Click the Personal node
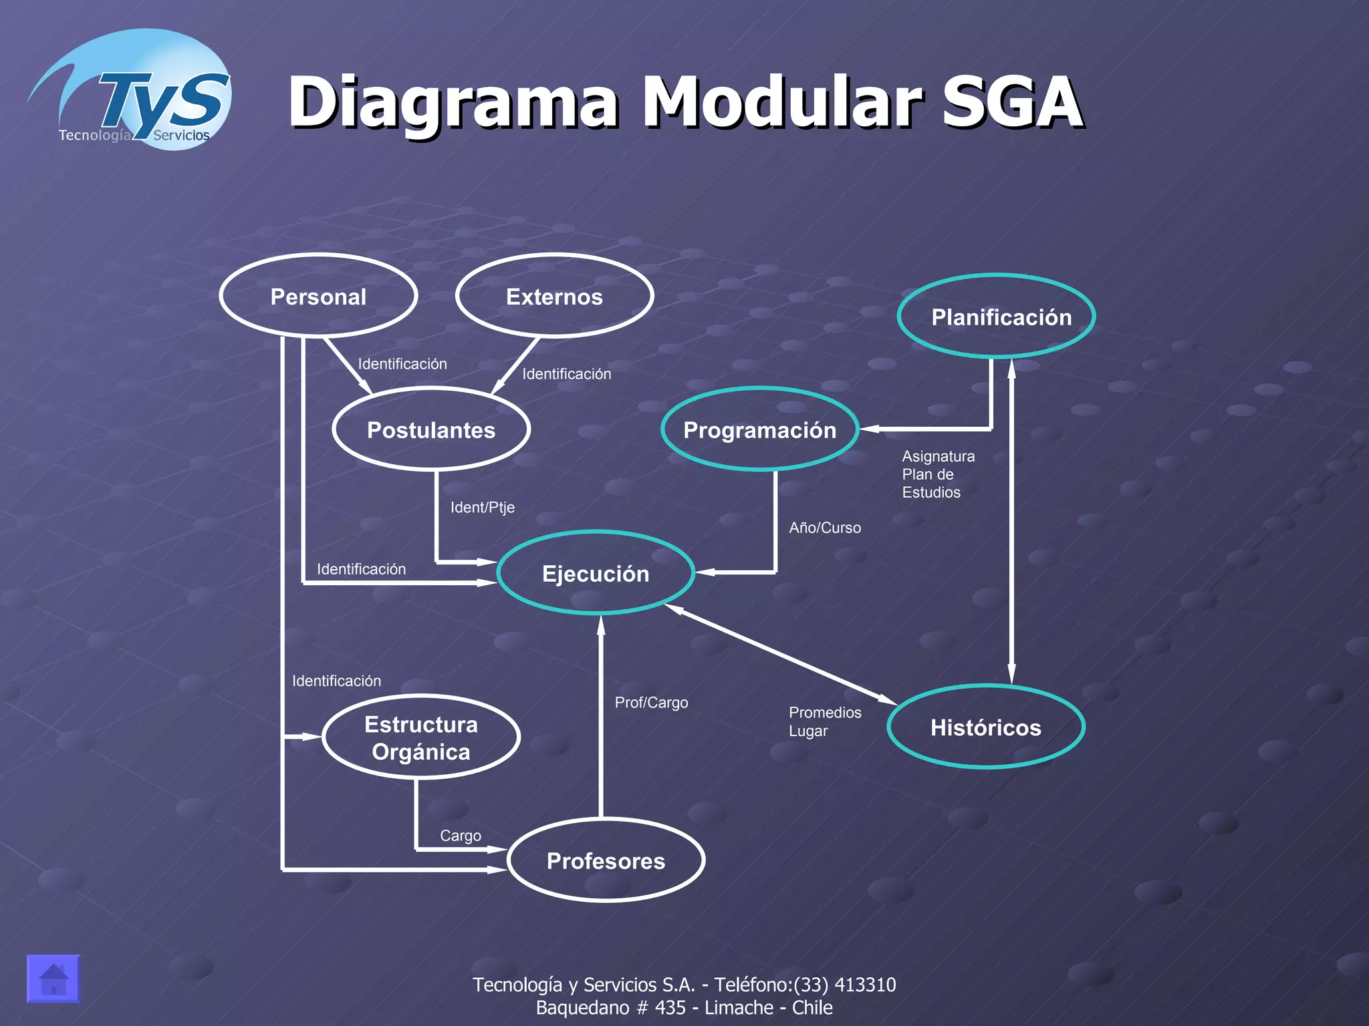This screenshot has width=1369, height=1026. pyautogui.click(x=318, y=296)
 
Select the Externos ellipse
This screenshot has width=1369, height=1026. pyautogui.click(x=554, y=296)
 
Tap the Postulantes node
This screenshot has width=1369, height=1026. pyautogui.click(x=431, y=430)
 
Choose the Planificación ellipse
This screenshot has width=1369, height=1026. pyautogui.click(x=1001, y=317)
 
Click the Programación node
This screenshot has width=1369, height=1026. pyautogui.click(x=759, y=430)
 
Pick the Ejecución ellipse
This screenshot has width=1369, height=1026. pyautogui.click(x=596, y=573)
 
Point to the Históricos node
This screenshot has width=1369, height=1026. pyautogui.click(x=985, y=727)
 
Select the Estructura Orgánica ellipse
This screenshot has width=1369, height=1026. pyautogui.click(x=421, y=737)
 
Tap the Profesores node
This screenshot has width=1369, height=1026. pyautogui.click(x=606, y=860)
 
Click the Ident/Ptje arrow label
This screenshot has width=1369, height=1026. pyautogui.click(x=482, y=507)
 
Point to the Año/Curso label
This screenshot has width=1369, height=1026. pyautogui.click(x=824, y=528)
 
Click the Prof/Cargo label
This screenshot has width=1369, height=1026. pyautogui.click(x=651, y=703)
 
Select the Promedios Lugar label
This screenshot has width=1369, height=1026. pyautogui.click(x=824, y=721)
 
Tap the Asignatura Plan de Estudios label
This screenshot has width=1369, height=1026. pyautogui.click(x=937, y=474)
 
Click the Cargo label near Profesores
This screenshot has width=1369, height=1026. pyautogui.click(x=460, y=836)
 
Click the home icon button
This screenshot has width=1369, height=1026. pyautogui.click(x=53, y=979)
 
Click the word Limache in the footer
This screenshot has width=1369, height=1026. pyautogui.click(x=739, y=1007)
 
